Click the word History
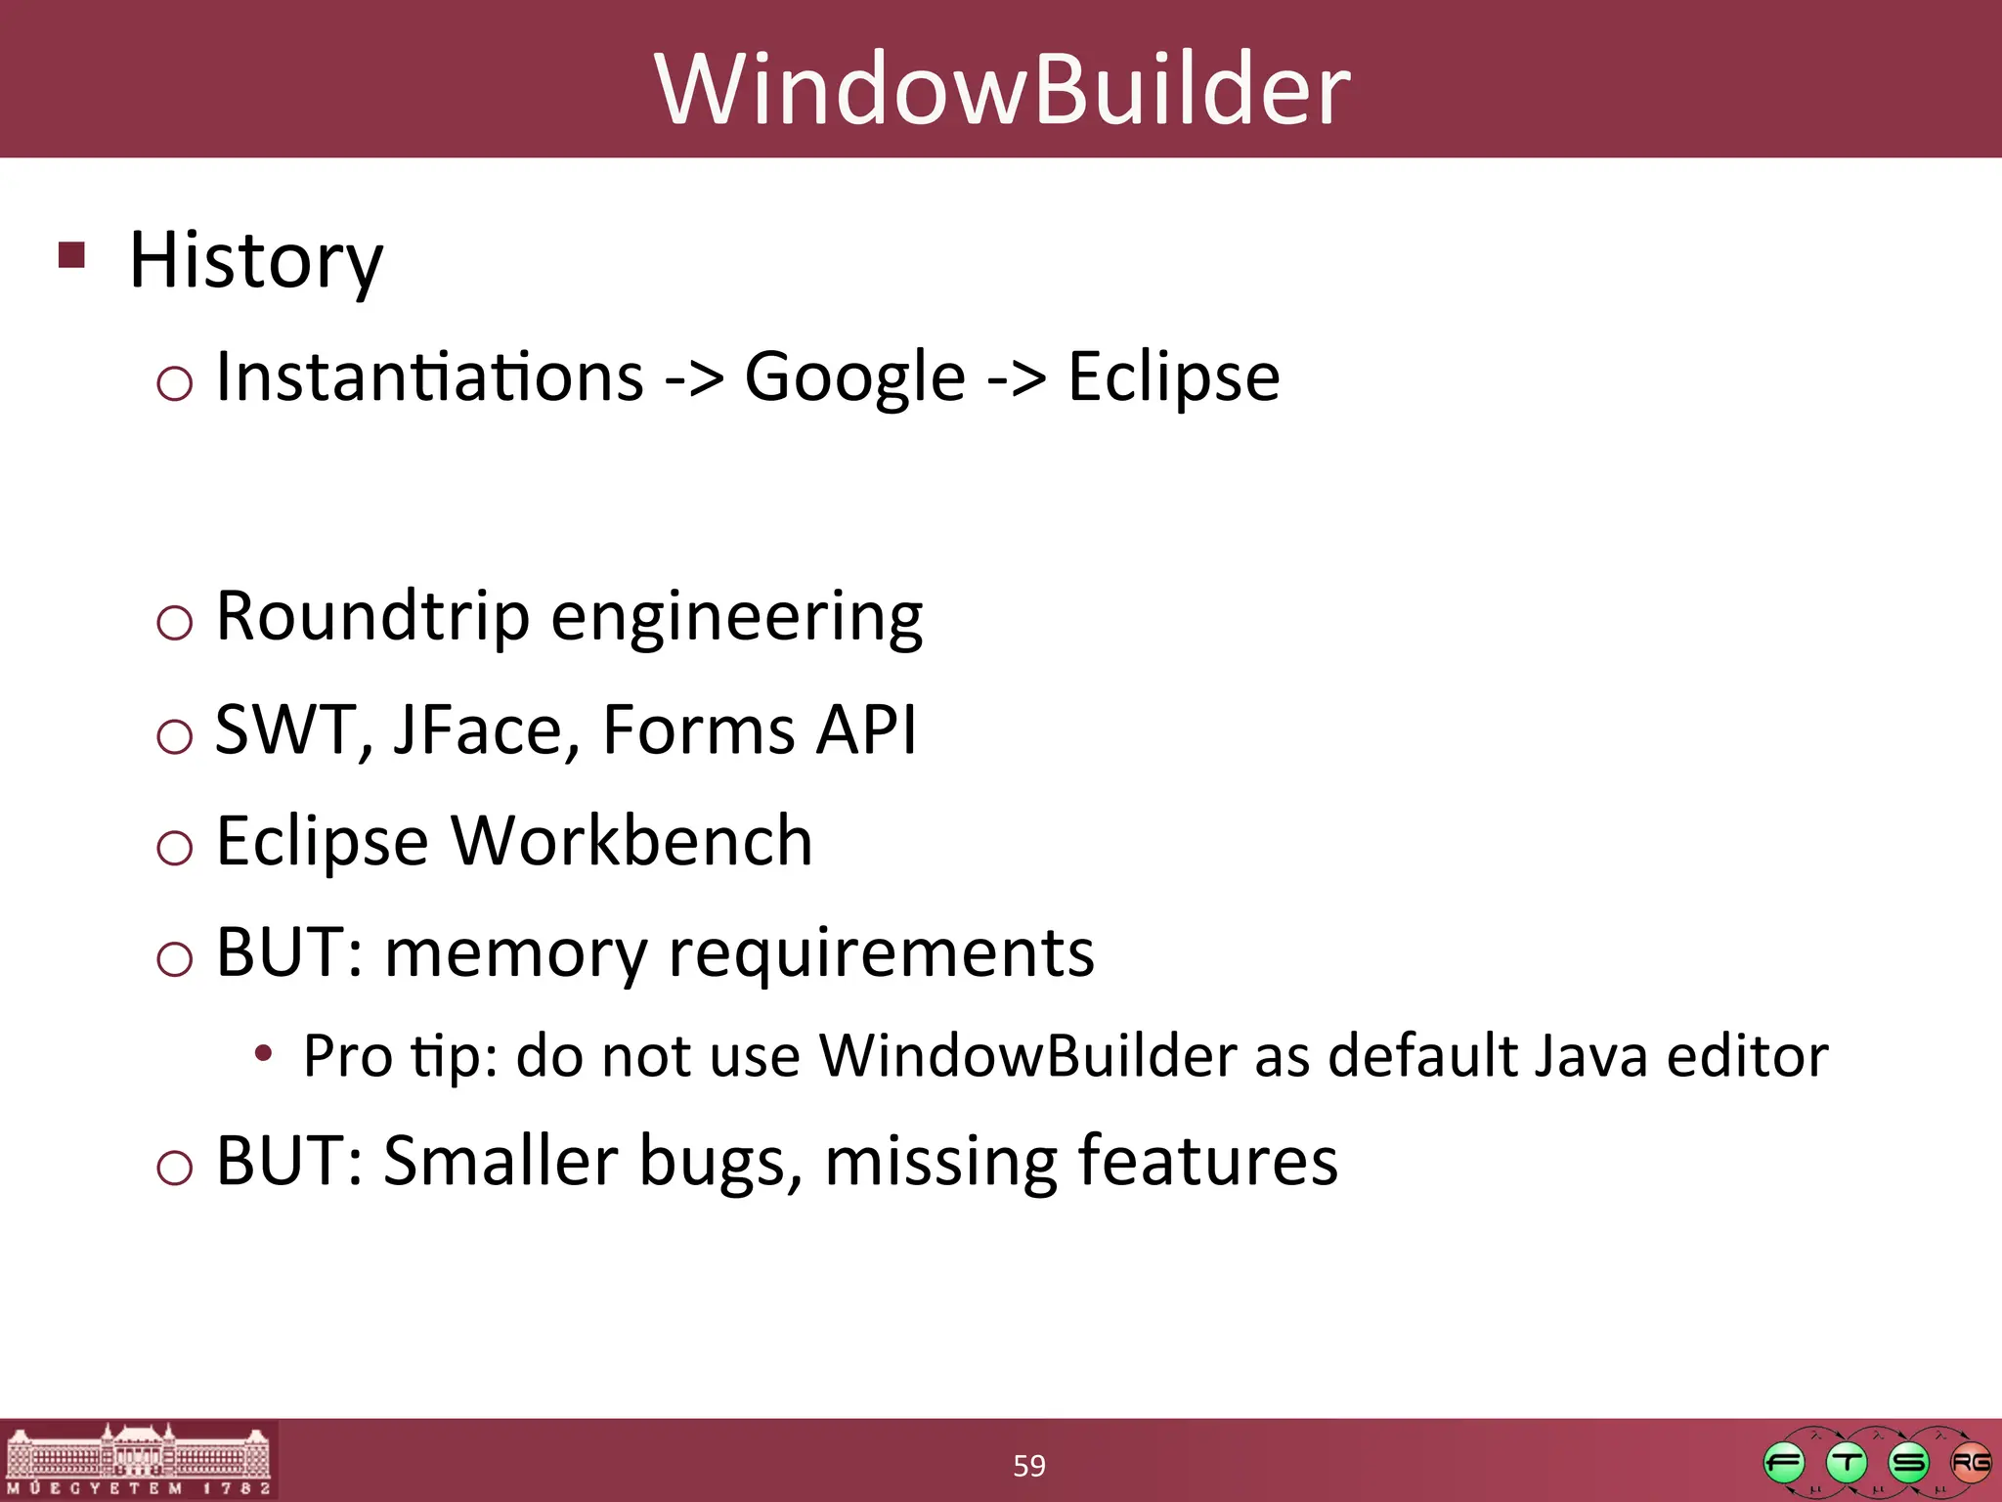tap(256, 260)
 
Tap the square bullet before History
tap(72, 255)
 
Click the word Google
tap(854, 378)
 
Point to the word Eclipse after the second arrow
tap(1173, 378)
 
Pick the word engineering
tap(737, 619)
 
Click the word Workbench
tap(631, 841)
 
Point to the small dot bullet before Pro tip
tap(263, 1054)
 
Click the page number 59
tap(1028, 1466)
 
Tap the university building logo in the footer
tap(139, 1459)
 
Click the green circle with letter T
tap(1846, 1463)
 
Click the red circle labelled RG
tap(1970, 1463)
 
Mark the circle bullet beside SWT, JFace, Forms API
tap(175, 735)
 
